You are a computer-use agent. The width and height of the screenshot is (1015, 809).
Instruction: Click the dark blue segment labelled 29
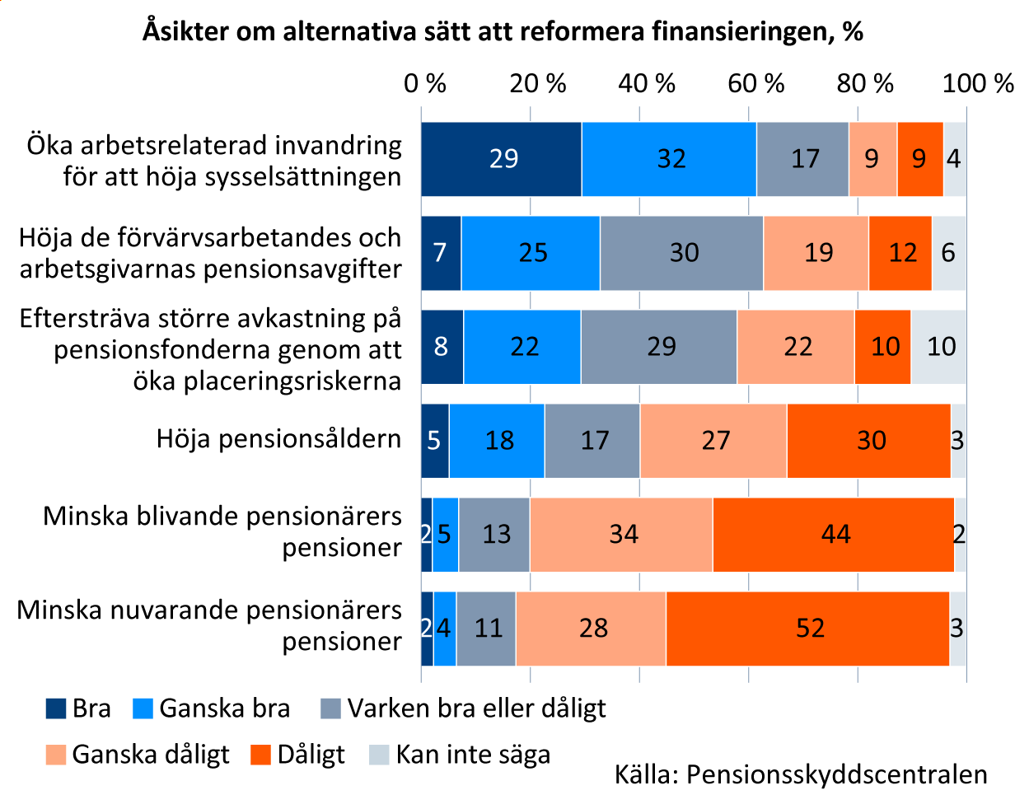point(501,158)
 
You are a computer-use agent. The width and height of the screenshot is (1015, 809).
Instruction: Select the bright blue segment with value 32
point(669,158)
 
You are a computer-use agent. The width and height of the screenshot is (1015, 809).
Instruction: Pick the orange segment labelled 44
point(833,535)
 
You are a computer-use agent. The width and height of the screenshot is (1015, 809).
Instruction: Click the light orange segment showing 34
point(621,535)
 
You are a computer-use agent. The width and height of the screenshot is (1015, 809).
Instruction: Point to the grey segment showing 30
point(681,252)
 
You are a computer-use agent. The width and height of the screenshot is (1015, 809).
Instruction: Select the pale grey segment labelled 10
point(939,346)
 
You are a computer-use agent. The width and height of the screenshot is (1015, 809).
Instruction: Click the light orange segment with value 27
point(713,441)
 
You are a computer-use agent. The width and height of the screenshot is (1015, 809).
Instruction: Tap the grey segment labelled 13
point(494,535)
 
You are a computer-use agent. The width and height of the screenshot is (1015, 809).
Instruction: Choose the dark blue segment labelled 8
point(442,346)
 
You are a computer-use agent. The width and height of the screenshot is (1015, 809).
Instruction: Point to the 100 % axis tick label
point(978,83)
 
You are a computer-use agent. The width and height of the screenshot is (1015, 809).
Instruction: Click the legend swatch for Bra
point(56,708)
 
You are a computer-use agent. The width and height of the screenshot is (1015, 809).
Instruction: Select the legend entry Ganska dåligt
point(151,755)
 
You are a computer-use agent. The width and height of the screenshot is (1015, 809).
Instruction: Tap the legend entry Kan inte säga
point(473,755)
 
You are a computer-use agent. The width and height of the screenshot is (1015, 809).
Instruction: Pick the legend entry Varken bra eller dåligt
point(476,708)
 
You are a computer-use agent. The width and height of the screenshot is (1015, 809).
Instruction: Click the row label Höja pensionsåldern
point(278,439)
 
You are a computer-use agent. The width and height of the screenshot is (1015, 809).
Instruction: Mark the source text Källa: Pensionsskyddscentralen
point(801,775)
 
